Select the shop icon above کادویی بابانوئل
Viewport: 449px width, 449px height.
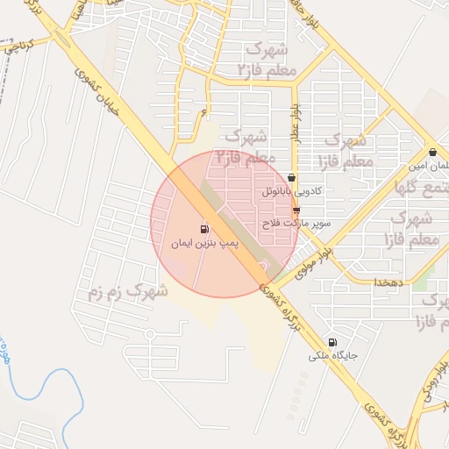tap(291, 177)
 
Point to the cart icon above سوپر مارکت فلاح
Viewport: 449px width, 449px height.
tap(296, 210)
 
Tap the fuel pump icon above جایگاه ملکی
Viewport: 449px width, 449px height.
tap(331, 342)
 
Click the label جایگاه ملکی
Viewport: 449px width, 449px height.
tap(330, 356)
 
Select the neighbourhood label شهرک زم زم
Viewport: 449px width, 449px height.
tap(126, 292)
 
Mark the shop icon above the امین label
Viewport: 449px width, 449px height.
tap(431, 152)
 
